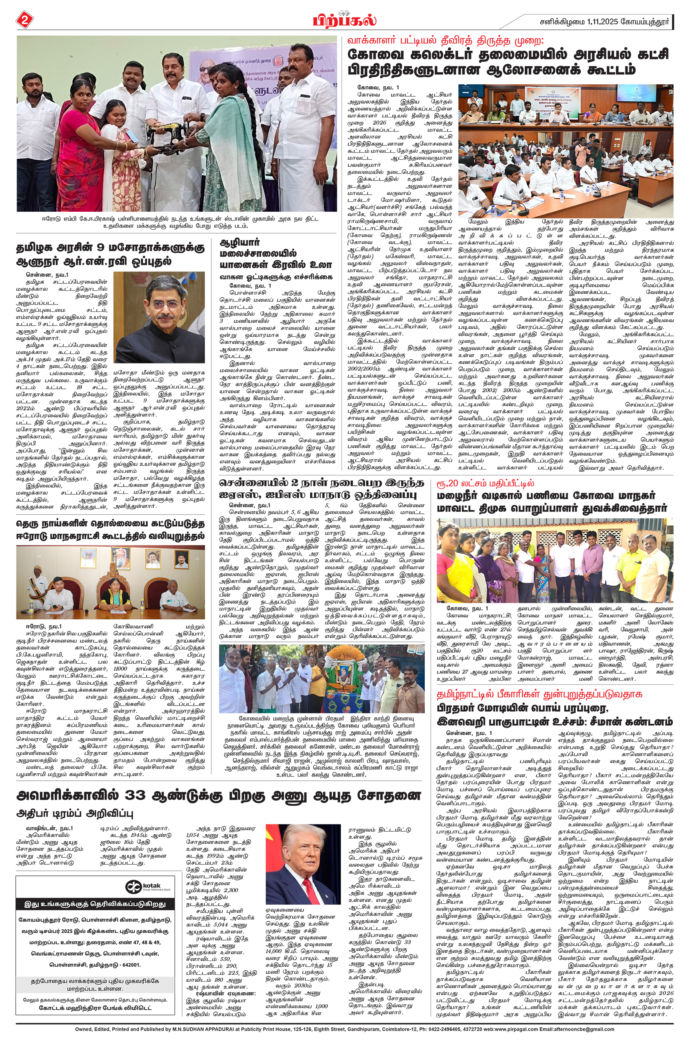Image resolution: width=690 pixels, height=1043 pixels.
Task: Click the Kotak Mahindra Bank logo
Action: tap(143, 886)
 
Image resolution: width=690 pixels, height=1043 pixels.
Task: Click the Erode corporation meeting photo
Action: tap(110, 582)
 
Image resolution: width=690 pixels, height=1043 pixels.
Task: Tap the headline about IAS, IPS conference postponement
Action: tap(321, 489)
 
